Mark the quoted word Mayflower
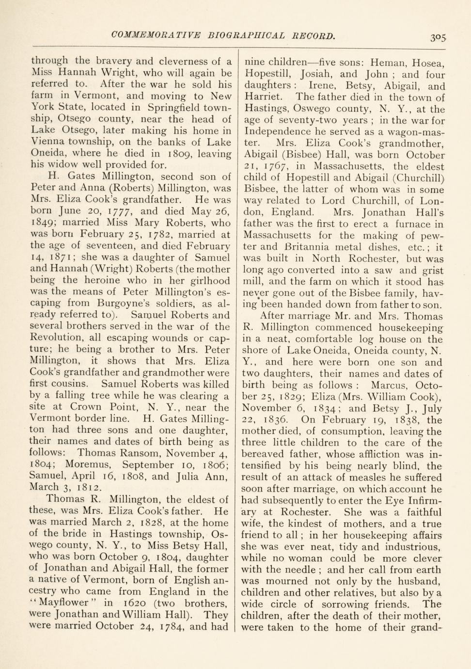(64, 604)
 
